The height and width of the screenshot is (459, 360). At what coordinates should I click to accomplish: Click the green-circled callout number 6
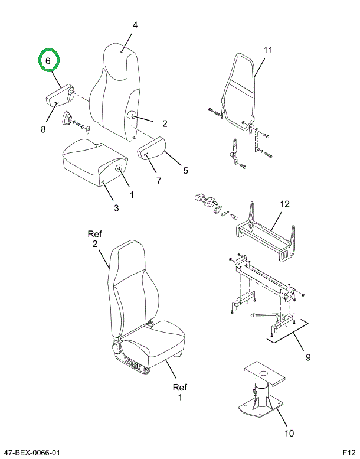pyautogui.click(x=50, y=60)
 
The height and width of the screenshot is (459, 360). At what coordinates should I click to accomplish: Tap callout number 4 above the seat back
pyautogui.click(x=135, y=25)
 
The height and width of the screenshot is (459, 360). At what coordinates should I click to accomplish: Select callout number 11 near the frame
pyautogui.click(x=268, y=50)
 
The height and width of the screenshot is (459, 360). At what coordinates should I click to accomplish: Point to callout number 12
pyautogui.click(x=284, y=204)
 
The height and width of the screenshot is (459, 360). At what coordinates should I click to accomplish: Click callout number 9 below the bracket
pyautogui.click(x=308, y=357)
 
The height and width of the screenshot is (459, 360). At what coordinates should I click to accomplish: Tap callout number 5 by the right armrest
pyautogui.click(x=185, y=171)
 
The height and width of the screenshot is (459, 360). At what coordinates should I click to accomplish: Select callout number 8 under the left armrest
pyautogui.click(x=43, y=129)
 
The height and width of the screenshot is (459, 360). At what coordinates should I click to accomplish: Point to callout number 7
pyautogui.click(x=159, y=181)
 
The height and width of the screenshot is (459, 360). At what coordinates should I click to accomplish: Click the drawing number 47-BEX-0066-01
pyautogui.click(x=31, y=453)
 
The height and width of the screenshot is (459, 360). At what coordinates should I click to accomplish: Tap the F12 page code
pyautogui.click(x=348, y=453)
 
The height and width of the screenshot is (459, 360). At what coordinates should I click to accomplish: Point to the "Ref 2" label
pyautogui.click(x=95, y=239)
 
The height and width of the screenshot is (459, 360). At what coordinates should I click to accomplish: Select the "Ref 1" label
pyautogui.click(x=179, y=392)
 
